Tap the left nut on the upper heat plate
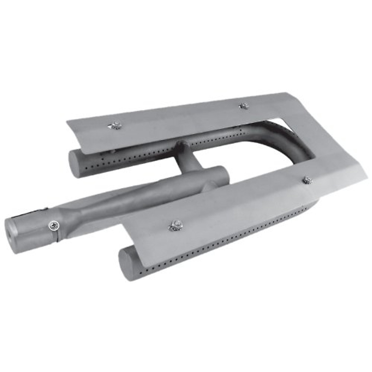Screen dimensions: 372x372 click(x=114, y=126)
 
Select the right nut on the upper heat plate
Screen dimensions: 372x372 click(x=244, y=106)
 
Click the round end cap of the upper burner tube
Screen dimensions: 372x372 click(x=76, y=163)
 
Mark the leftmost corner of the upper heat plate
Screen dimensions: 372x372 click(x=67, y=121)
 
